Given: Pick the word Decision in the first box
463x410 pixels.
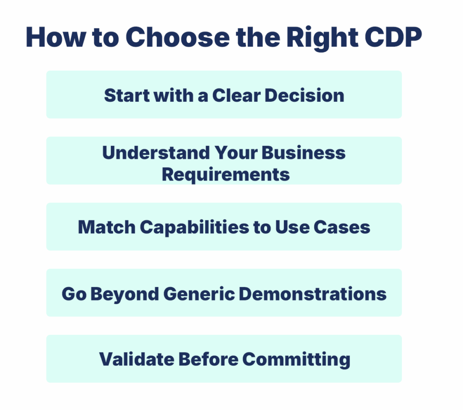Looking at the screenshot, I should (304, 95).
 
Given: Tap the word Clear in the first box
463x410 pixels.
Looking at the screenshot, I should (236, 95).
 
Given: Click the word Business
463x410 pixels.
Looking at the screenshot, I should (303, 153).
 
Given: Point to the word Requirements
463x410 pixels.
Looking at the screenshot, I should (226, 174).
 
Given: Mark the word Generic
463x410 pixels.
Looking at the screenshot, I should (198, 294).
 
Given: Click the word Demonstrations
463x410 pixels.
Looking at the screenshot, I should (312, 294).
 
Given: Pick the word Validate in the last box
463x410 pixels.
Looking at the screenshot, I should (136, 359).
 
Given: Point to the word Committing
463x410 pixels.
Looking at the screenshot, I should (296, 359).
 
